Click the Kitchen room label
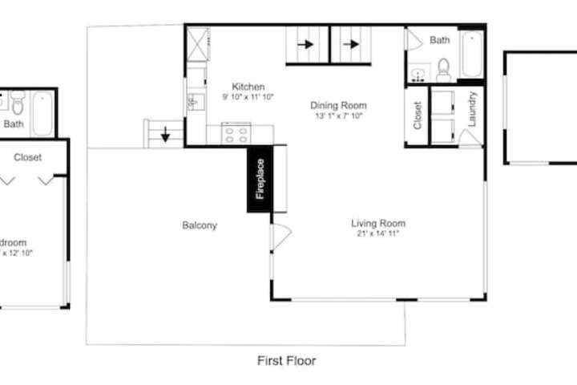click(x=248, y=87)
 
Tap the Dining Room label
click(x=338, y=105)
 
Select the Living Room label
click(x=378, y=223)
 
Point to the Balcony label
click(x=200, y=225)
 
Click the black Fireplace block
click(x=260, y=182)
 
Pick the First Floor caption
click(x=286, y=361)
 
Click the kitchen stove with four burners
click(x=236, y=134)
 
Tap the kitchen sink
click(x=192, y=102)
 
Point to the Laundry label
click(x=473, y=109)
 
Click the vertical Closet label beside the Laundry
click(x=418, y=115)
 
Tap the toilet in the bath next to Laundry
click(x=444, y=70)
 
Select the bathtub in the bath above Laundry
click(x=471, y=54)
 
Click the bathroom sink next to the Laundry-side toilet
click(x=417, y=75)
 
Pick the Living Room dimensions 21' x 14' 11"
click(x=378, y=234)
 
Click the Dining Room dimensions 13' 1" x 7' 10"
click(x=339, y=116)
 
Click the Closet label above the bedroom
click(x=28, y=158)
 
